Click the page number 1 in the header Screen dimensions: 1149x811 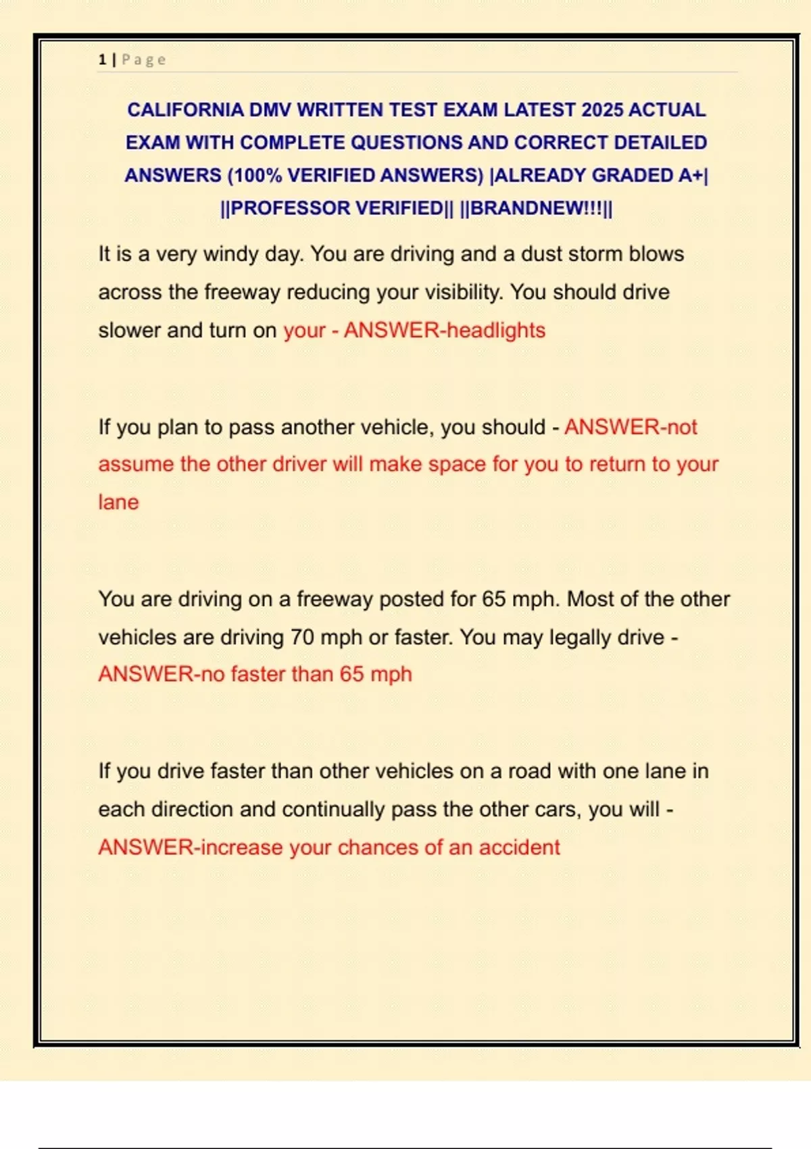click(x=102, y=60)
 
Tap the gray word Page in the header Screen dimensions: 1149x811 click(x=144, y=60)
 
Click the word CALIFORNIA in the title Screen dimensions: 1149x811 click(x=185, y=110)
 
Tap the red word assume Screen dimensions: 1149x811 click(x=135, y=464)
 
